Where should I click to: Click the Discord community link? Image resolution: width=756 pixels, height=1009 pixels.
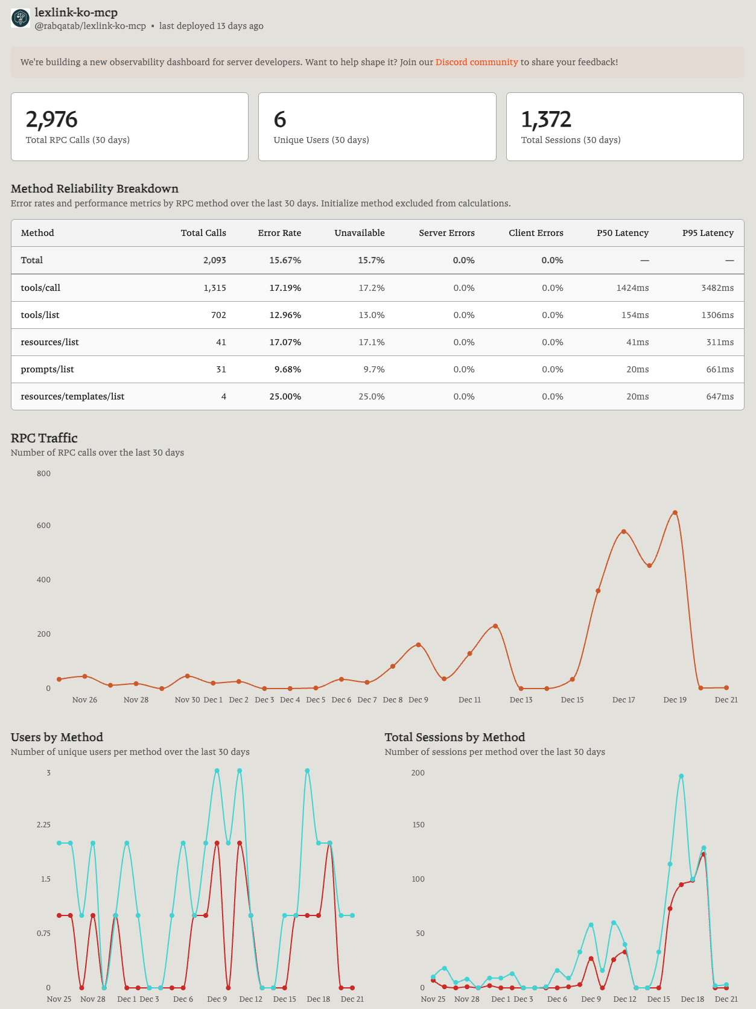click(x=476, y=62)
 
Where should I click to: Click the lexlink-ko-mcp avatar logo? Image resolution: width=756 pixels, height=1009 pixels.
click(x=21, y=18)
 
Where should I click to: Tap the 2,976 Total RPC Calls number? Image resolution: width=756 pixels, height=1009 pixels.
click(x=51, y=119)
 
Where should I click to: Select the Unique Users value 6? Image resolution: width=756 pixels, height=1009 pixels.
click(x=280, y=119)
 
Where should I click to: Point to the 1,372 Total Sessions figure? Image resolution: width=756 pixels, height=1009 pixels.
click(x=546, y=119)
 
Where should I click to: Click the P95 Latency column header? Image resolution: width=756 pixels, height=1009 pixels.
click(x=708, y=233)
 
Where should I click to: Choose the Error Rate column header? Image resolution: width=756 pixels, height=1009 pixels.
click(x=279, y=233)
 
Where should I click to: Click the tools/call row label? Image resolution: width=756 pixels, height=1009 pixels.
click(x=40, y=288)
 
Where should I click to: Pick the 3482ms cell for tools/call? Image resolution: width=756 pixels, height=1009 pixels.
click(x=717, y=288)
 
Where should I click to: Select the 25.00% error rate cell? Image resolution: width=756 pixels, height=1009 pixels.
click(x=285, y=396)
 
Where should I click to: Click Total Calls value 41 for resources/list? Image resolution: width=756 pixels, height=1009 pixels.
click(x=221, y=342)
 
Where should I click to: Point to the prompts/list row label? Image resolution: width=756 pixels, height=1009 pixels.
click(x=47, y=369)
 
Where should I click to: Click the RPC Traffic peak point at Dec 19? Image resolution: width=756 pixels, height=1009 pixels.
click(x=675, y=512)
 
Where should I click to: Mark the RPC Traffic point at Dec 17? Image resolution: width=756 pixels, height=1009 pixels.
click(x=624, y=532)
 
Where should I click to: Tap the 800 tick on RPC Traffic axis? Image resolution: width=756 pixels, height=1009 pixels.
click(x=43, y=474)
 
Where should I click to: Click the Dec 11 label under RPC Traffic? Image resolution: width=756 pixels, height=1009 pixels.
click(x=469, y=699)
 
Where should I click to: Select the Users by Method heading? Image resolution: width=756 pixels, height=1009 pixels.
click(x=57, y=737)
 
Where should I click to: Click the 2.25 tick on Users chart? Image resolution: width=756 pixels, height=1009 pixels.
click(x=43, y=825)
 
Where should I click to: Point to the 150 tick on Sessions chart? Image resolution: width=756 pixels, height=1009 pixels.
click(x=418, y=825)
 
